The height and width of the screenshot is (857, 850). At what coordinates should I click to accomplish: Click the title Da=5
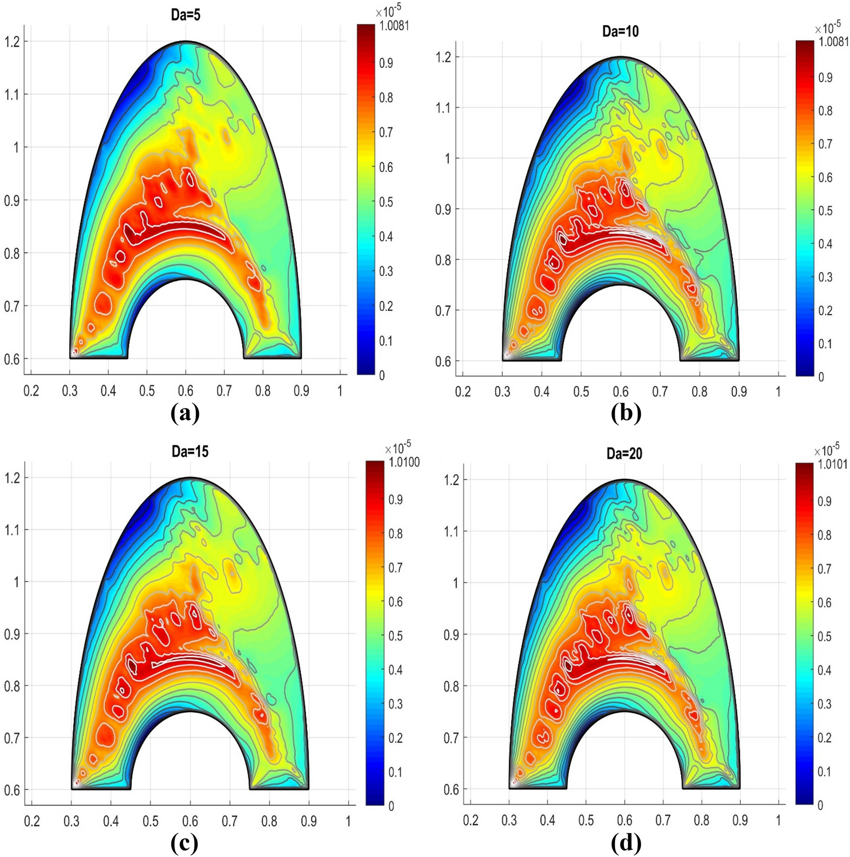(185, 15)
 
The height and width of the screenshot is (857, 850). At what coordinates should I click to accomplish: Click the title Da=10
(620, 31)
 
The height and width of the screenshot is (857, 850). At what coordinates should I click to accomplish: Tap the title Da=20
(624, 453)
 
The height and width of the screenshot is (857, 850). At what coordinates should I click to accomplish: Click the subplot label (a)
(185, 413)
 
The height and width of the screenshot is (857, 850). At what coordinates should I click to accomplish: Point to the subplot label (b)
(626, 413)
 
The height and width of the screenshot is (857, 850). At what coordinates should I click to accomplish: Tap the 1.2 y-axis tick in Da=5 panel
(12, 42)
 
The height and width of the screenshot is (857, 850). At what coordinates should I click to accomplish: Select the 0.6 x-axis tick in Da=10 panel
(620, 392)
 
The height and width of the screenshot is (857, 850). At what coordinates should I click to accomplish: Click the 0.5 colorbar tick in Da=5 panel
(386, 202)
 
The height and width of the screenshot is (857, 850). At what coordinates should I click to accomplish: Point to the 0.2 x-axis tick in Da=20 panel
(471, 820)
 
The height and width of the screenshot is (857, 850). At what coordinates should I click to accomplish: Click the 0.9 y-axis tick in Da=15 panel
(12, 634)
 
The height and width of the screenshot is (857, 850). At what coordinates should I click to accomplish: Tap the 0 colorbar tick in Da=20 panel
(820, 805)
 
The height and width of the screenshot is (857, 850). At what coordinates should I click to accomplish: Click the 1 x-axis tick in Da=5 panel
(340, 391)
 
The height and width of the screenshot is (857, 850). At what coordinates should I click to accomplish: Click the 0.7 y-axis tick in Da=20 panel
(451, 737)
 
